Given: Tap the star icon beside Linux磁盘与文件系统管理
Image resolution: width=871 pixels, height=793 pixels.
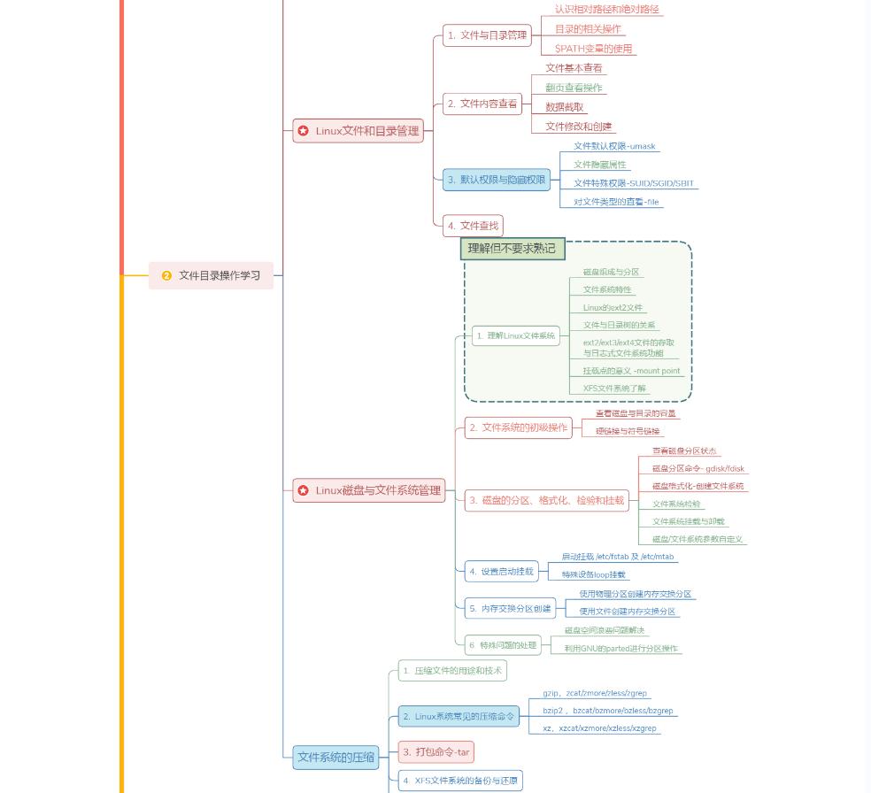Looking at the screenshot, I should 304,490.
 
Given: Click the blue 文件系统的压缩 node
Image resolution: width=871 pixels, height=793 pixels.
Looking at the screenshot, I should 335,757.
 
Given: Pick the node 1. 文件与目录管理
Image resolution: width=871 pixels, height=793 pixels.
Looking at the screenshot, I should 487,35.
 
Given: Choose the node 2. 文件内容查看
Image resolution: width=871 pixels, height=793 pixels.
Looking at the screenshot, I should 482,104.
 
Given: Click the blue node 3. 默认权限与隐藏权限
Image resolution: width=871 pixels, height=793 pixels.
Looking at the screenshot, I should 496,180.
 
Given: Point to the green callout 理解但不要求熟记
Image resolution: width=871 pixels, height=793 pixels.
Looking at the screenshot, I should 512,249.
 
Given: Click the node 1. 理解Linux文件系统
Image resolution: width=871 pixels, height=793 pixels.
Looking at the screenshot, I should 515,335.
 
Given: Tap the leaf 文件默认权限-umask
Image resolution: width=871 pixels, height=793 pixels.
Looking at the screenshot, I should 614,146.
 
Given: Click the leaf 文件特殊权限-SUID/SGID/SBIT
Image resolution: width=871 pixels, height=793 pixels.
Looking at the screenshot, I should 634,183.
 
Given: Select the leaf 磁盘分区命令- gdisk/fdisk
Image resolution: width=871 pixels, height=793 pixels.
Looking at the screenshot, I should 698,468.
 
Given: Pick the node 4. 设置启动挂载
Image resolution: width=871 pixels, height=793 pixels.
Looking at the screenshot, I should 501,571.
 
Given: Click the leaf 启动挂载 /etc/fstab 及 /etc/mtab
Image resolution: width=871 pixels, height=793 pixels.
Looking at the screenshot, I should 617,557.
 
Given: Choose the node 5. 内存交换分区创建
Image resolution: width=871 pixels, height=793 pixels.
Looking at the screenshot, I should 510,608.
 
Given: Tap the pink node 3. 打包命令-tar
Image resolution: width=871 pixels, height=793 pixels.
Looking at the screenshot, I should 435,752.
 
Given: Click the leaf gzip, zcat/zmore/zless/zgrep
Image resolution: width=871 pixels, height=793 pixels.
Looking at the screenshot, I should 595,693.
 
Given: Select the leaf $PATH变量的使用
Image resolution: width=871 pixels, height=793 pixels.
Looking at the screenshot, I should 593,49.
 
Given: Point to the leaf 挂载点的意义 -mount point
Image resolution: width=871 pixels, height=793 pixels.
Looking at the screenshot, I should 631,371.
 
